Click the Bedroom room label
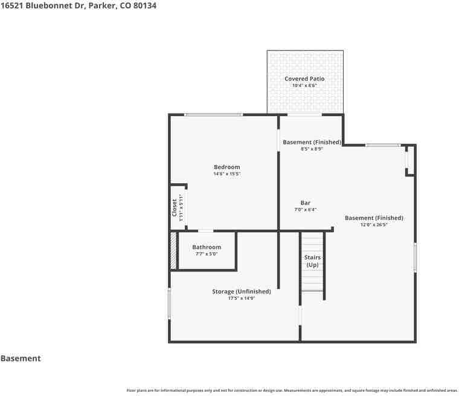(x=226, y=167)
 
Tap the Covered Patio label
(x=304, y=79)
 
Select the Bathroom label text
(x=207, y=247)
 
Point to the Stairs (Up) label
(x=312, y=261)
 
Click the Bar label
(x=305, y=203)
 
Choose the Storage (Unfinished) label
(x=241, y=291)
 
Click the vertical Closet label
(x=175, y=208)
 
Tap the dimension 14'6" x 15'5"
(x=226, y=174)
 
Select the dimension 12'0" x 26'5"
(x=374, y=224)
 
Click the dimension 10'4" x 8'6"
(x=304, y=86)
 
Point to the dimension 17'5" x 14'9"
(x=241, y=298)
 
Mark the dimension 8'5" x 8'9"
(x=312, y=149)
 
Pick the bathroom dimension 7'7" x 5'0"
(x=207, y=254)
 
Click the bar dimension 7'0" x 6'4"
(x=305, y=210)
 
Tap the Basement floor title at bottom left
(x=21, y=359)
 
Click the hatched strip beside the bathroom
(x=173, y=250)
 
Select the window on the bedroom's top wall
(x=213, y=114)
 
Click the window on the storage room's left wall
(x=170, y=303)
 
